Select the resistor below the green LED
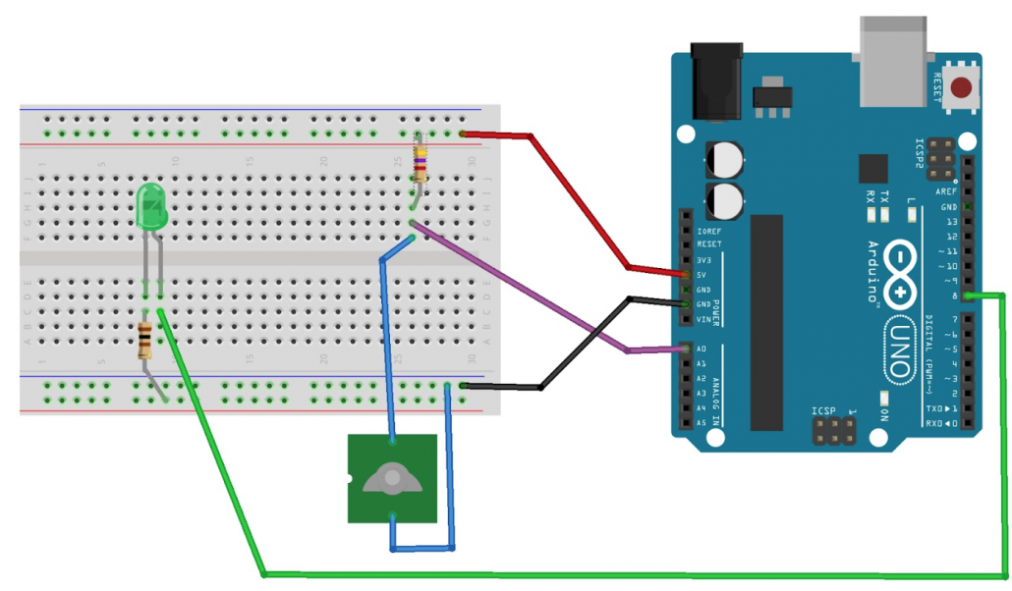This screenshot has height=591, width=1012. [145, 339]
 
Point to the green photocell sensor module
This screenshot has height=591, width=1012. [391, 478]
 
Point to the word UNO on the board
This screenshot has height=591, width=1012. [901, 348]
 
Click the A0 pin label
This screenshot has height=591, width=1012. [701, 349]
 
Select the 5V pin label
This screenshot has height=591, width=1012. [703, 275]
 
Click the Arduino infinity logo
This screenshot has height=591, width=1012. [902, 279]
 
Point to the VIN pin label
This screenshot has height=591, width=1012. [703, 319]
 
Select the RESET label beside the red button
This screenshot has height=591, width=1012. [938, 87]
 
